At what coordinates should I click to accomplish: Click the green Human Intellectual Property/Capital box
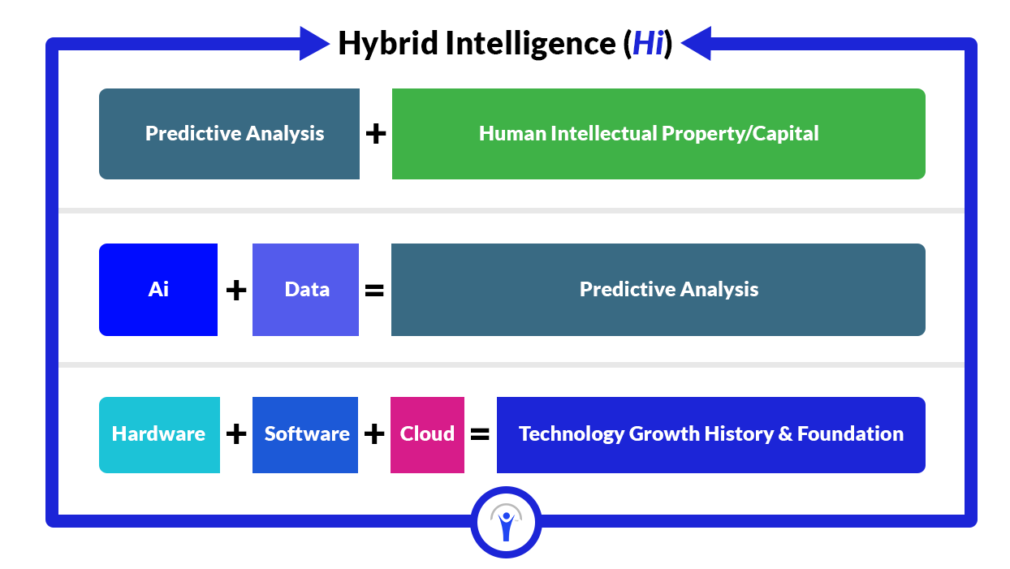658,134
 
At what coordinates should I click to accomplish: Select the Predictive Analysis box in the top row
229,134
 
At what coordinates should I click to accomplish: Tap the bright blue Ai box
158,290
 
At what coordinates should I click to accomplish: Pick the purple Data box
306,290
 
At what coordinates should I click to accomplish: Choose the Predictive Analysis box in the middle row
658,290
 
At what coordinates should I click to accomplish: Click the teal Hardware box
160,434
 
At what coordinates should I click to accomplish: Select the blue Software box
305,434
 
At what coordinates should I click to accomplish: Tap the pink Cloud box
427,434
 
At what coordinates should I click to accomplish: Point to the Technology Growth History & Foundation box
711,434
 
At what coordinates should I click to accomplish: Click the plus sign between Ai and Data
236,290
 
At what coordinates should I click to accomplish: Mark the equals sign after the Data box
374,291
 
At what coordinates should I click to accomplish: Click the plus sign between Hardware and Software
236,434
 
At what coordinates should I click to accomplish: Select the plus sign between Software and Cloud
374,434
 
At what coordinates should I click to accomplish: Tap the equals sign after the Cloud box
480,434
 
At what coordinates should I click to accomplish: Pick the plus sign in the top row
376,134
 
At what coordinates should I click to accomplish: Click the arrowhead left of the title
315,43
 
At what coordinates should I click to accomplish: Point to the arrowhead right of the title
696,43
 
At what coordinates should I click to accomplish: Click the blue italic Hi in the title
649,44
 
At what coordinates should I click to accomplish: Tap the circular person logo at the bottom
506,522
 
